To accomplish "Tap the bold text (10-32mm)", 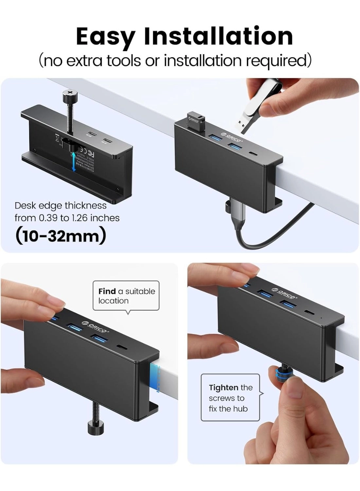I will (x=61, y=236).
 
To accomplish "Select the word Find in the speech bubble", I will (x=107, y=291).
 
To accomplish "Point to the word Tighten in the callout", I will (x=224, y=388).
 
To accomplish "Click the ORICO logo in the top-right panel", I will (x=232, y=137).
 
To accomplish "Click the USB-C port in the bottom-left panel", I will (x=122, y=347).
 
